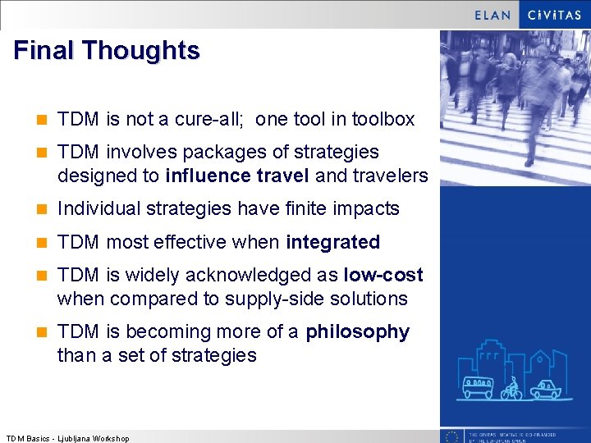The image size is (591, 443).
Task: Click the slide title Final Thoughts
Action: pyautogui.click(x=107, y=51)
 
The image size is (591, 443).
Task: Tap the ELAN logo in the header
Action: pyautogui.click(x=493, y=15)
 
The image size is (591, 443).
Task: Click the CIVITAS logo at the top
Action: pyautogui.click(x=554, y=15)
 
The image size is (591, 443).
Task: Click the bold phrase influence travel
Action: pyautogui.click(x=237, y=176)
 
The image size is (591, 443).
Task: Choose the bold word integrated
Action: pyautogui.click(x=332, y=243)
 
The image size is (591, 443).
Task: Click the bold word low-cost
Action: pyautogui.click(x=383, y=276)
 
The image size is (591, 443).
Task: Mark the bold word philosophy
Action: pyautogui.click(x=357, y=332)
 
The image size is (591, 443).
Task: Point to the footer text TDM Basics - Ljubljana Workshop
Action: pyautogui.click(x=67, y=438)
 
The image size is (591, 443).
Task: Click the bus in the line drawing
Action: pyautogui.click(x=478, y=387)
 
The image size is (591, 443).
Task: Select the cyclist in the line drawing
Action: pyautogui.click(x=512, y=388)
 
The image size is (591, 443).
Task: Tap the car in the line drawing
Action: pyautogui.click(x=545, y=389)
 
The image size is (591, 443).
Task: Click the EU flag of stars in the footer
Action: pyautogui.click(x=451, y=436)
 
